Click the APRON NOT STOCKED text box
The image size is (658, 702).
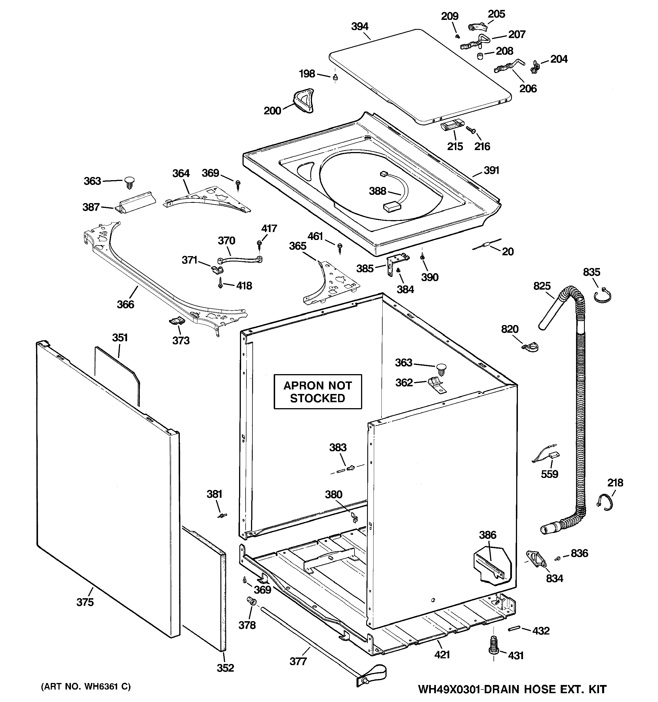318,392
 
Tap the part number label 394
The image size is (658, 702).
360,26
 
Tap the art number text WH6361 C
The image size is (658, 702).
86,686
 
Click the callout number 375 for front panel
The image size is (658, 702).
85,602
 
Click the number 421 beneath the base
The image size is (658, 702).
442,654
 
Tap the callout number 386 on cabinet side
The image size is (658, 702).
488,535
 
